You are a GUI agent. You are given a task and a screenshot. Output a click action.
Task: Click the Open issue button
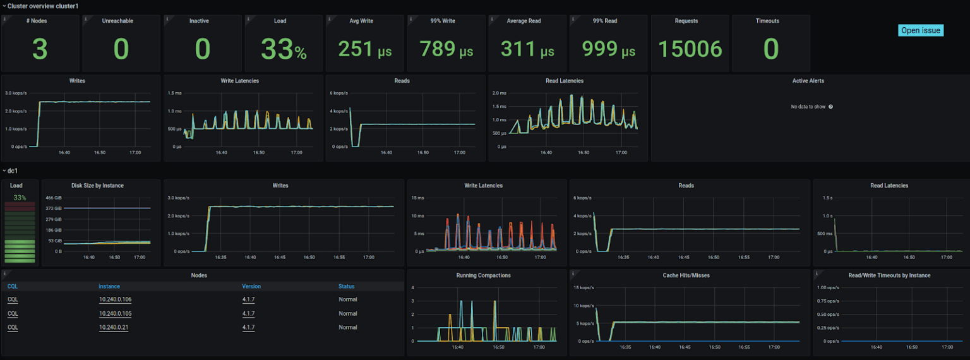click(x=920, y=30)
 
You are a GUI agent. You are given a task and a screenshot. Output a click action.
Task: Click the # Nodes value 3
click(x=40, y=49)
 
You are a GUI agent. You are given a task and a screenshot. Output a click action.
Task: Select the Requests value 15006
click(x=690, y=49)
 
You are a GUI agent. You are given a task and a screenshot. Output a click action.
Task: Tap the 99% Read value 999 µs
click(x=608, y=49)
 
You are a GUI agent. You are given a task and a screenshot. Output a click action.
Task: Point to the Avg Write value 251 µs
click(x=365, y=49)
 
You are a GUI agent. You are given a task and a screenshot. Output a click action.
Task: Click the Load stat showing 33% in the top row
click(x=284, y=49)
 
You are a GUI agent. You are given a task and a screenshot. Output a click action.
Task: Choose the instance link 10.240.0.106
click(x=115, y=299)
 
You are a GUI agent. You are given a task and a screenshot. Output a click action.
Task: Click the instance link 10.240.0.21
click(x=114, y=327)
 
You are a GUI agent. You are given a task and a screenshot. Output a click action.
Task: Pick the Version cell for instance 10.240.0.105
click(x=248, y=313)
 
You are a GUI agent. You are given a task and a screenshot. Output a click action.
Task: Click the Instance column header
click(x=109, y=286)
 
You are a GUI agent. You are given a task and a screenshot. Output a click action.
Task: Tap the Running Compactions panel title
click(x=483, y=275)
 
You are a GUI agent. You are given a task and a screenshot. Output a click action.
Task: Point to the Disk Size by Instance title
click(x=97, y=186)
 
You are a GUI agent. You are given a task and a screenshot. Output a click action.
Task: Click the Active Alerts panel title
click(x=808, y=81)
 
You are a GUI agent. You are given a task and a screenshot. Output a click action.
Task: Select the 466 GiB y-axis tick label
click(x=54, y=198)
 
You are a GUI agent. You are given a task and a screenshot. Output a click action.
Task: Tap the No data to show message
click(x=808, y=107)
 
